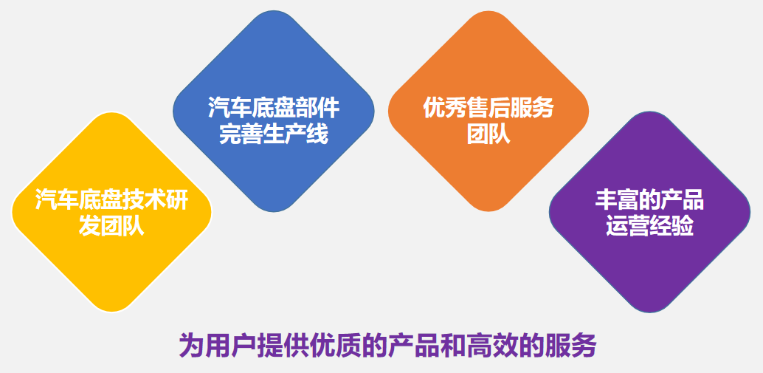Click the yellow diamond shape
pyautogui.click(x=111, y=212)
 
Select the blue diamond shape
pyautogui.click(x=274, y=111)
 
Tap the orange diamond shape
pyautogui.click(x=488, y=111)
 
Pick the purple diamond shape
pyautogui.click(x=649, y=212)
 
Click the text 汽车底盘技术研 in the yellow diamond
pyautogui.click(x=111, y=200)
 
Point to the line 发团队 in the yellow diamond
pyautogui.click(x=111, y=226)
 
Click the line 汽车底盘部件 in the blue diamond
pyautogui.click(x=274, y=108)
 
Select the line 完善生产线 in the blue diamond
pyautogui.click(x=274, y=134)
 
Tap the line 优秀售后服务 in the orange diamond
pyautogui.click(x=488, y=108)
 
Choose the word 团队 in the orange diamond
pyautogui.click(x=488, y=134)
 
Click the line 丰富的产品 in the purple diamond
pyautogui.click(x=649, y=200)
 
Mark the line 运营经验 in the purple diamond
pyautogui.click(x=649, y=226)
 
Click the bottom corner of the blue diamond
pyautogui.click(x=274, y=212)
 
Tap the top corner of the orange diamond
pyautogui.click(x=488, y=11)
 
